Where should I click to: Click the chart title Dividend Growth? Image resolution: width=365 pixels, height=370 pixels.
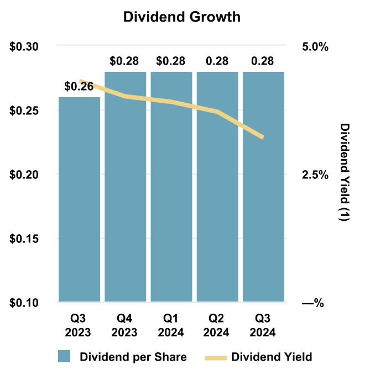point(181,17)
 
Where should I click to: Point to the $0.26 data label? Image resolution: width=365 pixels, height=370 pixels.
point(79,87)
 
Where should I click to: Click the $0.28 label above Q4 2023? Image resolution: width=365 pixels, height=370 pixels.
point(125,60)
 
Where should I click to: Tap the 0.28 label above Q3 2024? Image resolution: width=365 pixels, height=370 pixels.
point(263,60)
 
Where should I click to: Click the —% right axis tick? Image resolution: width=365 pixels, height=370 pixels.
point(312,303)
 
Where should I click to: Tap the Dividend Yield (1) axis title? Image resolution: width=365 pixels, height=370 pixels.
point(344,173)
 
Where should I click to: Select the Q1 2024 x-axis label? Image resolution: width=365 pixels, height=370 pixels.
point(171,326)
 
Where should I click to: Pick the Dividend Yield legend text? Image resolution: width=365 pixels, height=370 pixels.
point(272,356)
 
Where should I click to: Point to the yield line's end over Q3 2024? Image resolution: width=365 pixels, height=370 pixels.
point(262,137)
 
